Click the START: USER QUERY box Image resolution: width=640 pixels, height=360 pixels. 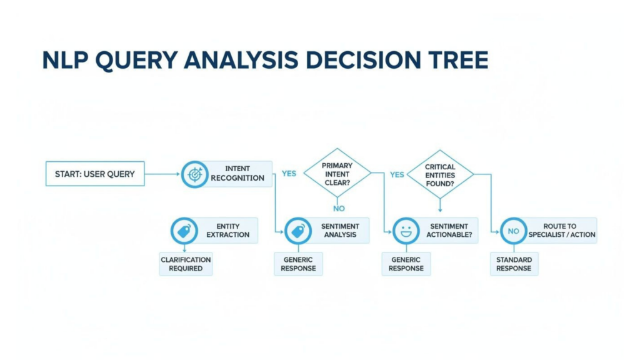(95, 174)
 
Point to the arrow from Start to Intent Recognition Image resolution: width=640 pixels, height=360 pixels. (162, 174)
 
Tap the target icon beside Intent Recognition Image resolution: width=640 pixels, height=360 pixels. (195, 174)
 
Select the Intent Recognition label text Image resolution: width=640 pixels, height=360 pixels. (237, 173)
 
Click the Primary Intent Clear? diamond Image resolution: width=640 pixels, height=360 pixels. (337, 174)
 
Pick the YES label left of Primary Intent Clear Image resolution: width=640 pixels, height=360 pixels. (289, 174)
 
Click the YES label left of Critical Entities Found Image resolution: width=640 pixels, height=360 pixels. (397, 174)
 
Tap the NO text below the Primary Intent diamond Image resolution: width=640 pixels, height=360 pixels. (338, 208)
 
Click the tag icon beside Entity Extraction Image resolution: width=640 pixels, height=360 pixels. (184, 231)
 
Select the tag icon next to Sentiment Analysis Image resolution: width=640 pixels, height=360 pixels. (298, 231)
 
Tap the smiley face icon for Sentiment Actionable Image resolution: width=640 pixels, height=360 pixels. (406, 231)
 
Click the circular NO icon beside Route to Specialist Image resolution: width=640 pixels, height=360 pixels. (514, 231)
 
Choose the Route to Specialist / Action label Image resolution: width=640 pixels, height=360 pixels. (561, 230)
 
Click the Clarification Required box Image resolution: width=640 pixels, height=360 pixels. (186, 264)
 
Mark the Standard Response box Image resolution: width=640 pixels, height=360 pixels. (514, 264)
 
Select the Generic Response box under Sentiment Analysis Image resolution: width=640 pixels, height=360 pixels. (298, 264)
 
